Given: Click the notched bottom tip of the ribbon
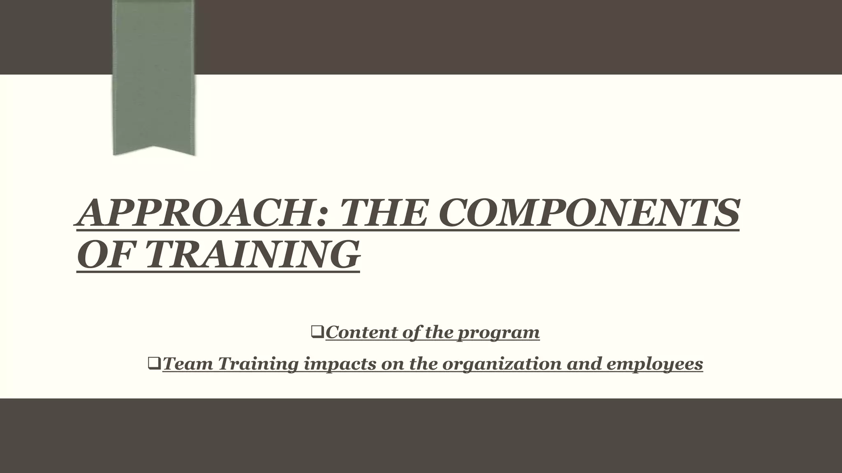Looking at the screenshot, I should pyautogui.click(x=154, y=150).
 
